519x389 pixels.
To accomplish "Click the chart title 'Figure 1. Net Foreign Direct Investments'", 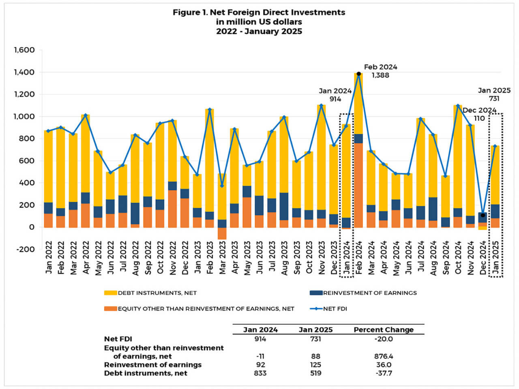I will (x=259, y=12).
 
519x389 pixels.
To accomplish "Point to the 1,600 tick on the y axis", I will (x=24, y=50).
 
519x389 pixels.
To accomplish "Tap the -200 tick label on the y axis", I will (x=25, y=249).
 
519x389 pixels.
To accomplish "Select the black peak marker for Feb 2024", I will (x=359, y=74).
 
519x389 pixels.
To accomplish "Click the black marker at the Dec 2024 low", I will (x=483, y=215).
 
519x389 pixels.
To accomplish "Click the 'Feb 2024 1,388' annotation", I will (x=380, y=71).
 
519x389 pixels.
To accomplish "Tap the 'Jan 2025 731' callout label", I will (x=494, y=94).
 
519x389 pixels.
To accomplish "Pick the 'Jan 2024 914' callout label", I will (x=335, y=95).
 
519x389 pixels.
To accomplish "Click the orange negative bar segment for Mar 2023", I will (x=222, y=233).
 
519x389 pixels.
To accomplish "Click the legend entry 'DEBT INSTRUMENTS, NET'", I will (x=157, y=293).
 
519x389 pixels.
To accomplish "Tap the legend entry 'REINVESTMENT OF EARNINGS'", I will (x=369, y=293).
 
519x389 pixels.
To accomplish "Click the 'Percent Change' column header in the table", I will (x=383, y=329).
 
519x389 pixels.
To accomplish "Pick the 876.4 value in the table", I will (x=384, y=356).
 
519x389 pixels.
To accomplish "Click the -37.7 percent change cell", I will (x=384, y=373).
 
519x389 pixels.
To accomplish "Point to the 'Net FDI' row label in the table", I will (x=118, y=339).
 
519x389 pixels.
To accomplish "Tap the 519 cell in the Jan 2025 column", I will (x=315, y=373).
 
